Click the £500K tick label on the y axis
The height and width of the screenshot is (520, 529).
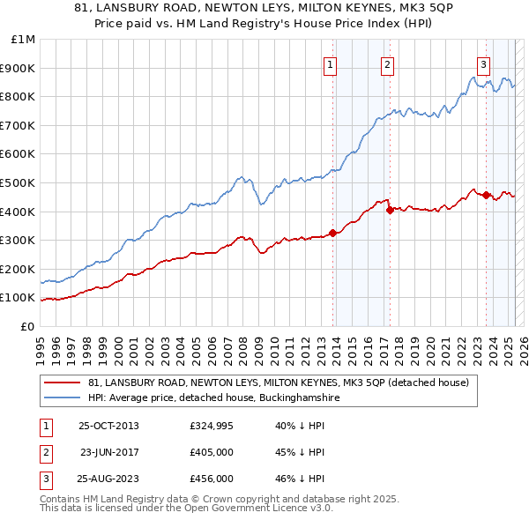coord(18,182)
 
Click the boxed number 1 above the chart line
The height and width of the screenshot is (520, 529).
coord(330,63)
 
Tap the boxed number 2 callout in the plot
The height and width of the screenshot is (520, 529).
coord(388,63)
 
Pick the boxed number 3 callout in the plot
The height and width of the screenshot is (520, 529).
coord(484,63)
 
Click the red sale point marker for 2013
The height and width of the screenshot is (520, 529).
coord(333,234)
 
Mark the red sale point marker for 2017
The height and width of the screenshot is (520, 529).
coord(390,210)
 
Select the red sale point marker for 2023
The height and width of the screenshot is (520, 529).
coord(486,195)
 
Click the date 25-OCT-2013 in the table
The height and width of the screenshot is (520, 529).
coord(108,427)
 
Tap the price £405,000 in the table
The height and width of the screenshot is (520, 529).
coord(211,452)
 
